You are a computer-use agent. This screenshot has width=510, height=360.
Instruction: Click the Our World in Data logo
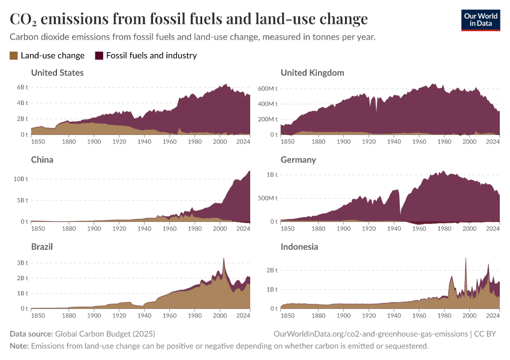click(x=480, y=20)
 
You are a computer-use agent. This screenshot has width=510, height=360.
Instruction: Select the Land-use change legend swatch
click(x=14, y=56)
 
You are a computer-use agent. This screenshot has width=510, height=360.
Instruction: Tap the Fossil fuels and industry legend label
click(x=151, y=56)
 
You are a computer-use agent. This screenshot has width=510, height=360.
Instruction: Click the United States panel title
click(x=57, y=73)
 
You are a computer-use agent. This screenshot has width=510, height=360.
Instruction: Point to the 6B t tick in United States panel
click(x=22, y=88)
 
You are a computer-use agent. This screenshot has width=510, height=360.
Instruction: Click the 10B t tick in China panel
click(x=21, y=179)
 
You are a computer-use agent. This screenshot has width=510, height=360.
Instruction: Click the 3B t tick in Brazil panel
click(x=22, y=263)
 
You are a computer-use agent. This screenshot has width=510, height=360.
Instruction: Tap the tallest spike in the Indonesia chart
click(x=466, y=259)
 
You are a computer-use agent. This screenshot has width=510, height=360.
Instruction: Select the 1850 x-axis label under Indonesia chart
click(x=287, y=315)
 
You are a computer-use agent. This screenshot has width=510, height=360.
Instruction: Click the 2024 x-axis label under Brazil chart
click(x=244, y=315)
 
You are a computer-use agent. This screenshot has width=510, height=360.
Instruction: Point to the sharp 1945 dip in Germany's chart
click(x=400, y=214)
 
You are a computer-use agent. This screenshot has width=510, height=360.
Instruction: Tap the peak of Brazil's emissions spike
click(x=224, y=259)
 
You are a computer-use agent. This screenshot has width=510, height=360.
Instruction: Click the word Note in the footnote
click(x=19, y=346)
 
